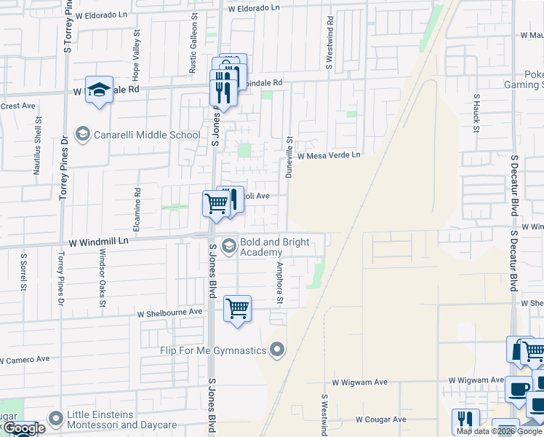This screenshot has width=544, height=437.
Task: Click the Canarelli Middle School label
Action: tap(146, 135)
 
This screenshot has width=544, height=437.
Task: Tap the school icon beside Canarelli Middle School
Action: tap(83, 134)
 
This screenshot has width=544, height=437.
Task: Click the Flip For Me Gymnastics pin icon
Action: tap(276, 350)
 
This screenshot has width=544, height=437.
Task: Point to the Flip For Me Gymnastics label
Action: tap(213, 350)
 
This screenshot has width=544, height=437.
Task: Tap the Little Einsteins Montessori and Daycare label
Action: tap(121, 420)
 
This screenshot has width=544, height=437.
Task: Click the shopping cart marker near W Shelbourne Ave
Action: tap(237, 309)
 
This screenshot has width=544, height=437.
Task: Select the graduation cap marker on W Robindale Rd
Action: tap(99, 90)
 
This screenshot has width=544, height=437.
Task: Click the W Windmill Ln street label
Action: tap(99, 240)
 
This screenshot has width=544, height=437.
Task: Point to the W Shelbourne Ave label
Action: tap(169, 312)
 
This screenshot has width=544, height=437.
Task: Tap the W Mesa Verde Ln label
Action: tap(328, 155)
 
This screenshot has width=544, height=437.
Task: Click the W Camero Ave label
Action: tap(25, 359)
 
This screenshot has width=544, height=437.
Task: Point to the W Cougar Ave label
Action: tap(380, 420)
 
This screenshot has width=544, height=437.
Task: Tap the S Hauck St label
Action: tap(476, 114)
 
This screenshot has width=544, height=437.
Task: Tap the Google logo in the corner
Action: tap(25, 429)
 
